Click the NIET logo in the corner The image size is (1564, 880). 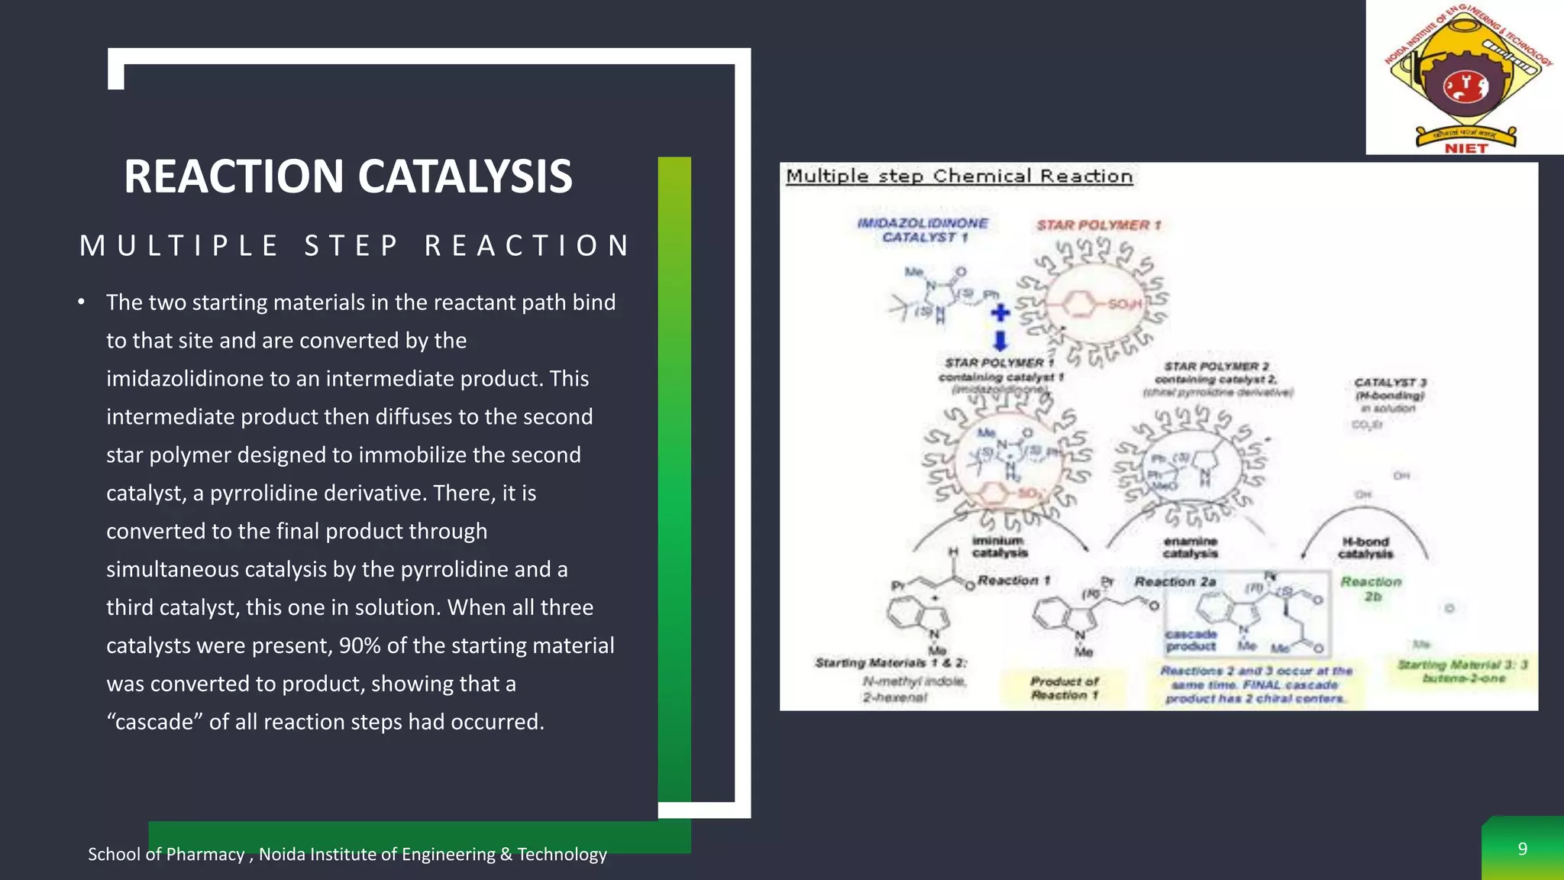1465,77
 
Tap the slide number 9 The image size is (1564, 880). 1522,849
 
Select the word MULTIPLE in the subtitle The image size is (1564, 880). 179,246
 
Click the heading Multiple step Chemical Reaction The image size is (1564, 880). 959,176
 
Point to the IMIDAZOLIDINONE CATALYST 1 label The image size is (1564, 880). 923,230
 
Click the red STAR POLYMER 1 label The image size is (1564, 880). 1098,225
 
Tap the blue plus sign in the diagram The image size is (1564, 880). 1000,312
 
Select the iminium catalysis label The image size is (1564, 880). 999,547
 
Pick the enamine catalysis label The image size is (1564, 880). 1190,547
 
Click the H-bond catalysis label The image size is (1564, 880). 1365,547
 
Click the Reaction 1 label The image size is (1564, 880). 1013,581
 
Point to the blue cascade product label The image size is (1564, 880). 1191,640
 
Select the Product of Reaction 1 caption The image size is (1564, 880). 1064,687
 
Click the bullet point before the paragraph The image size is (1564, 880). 81,302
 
